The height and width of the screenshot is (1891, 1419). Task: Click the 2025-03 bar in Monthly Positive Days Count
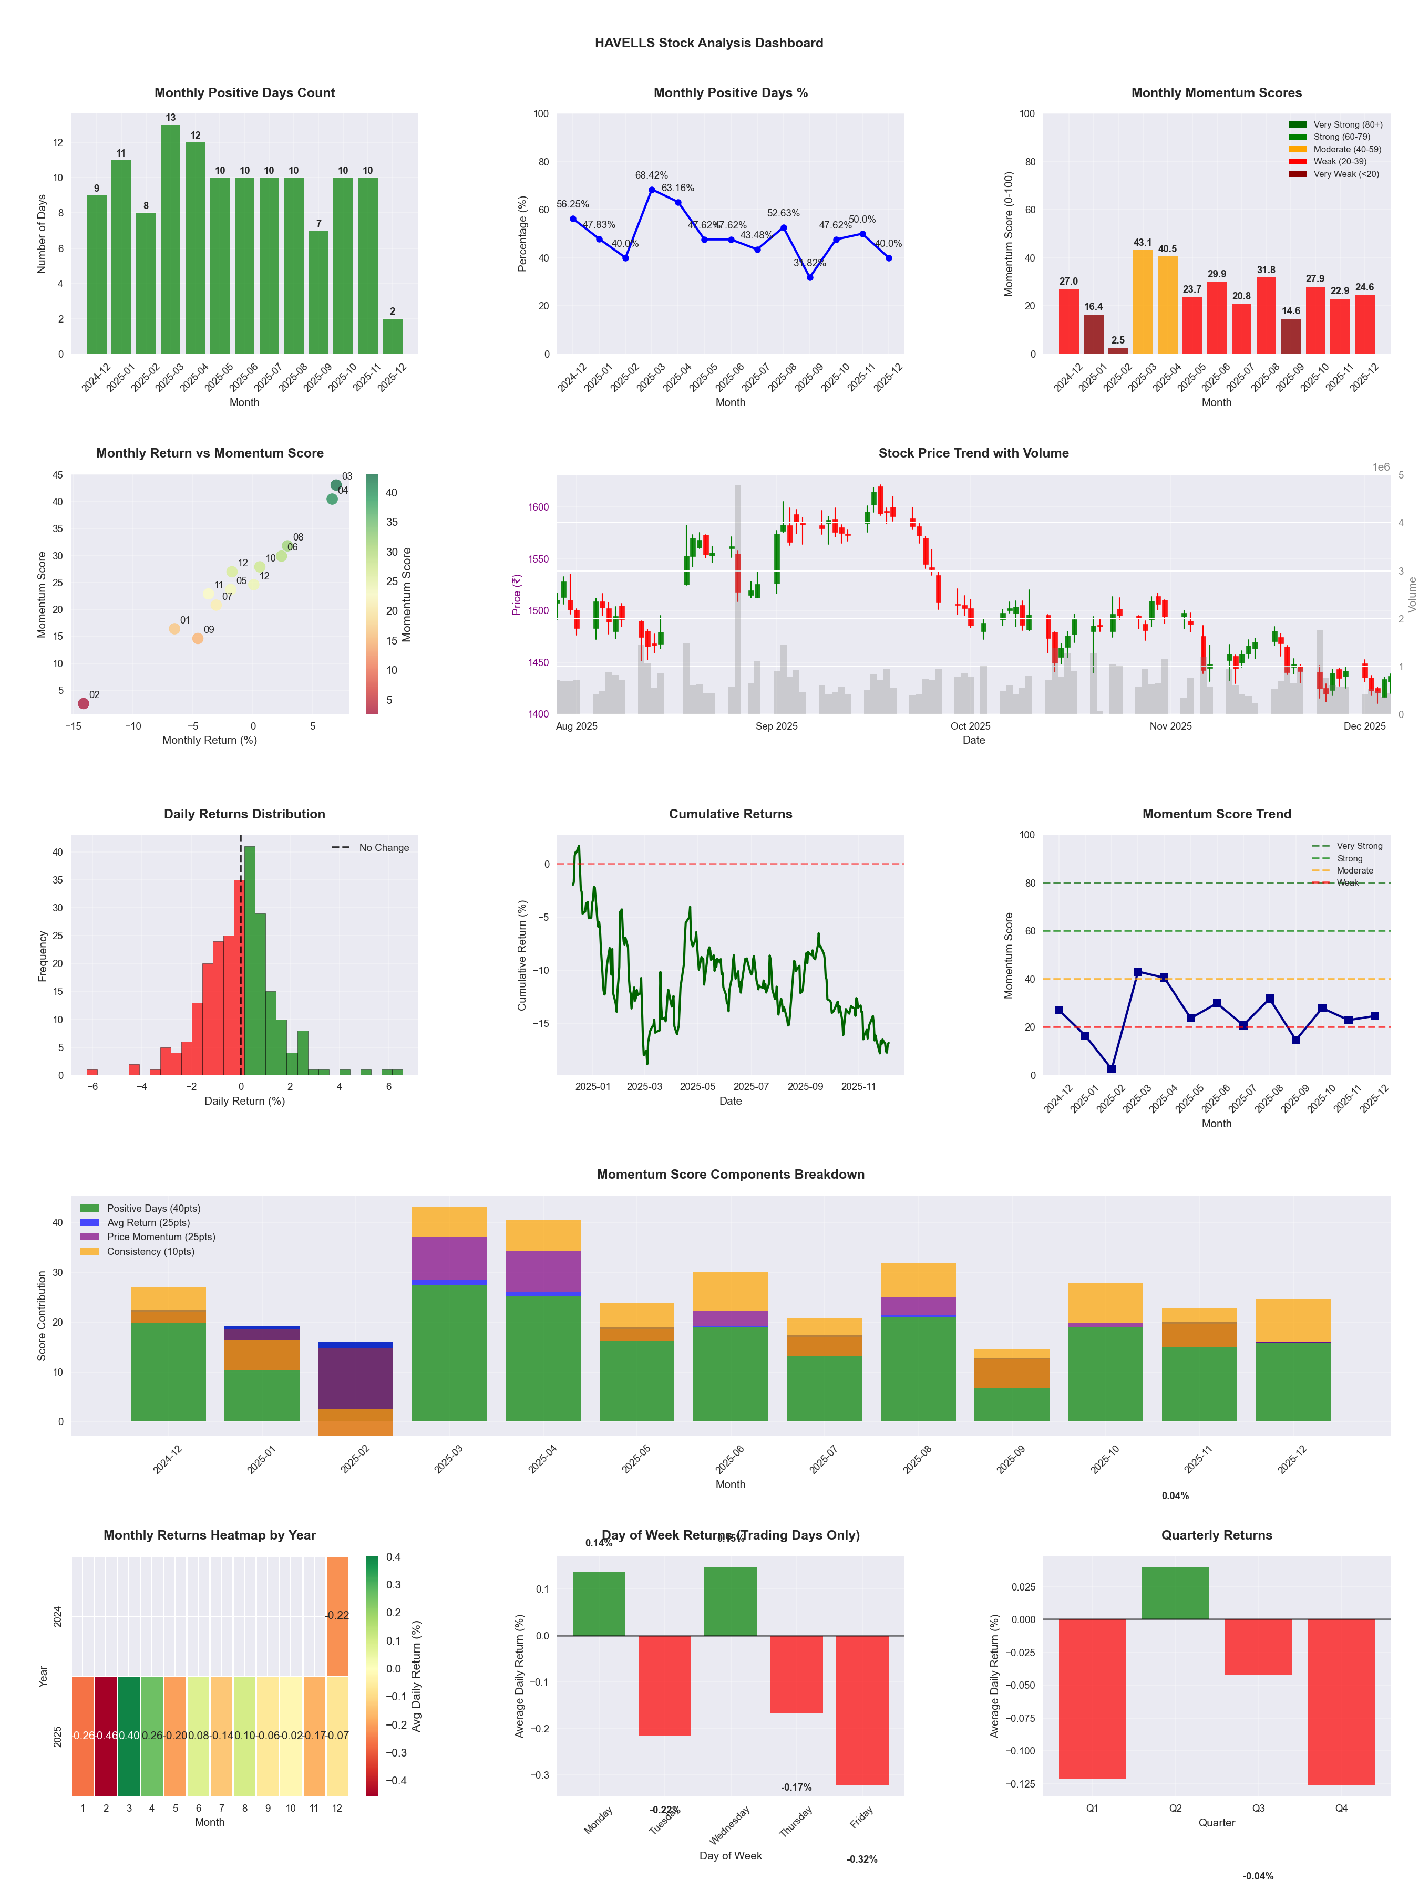(170, 240)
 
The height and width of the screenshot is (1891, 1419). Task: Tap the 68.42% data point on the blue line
(652, 190)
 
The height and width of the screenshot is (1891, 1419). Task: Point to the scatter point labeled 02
(83, 703)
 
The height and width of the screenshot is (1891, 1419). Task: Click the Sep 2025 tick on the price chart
(776, 726)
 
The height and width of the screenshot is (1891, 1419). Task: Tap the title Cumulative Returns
(731, 814)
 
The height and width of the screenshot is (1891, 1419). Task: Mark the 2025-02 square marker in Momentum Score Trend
(1111, 1068)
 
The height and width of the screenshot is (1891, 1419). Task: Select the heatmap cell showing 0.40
(129, 1736)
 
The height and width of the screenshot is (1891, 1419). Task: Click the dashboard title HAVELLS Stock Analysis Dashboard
(709, 43)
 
